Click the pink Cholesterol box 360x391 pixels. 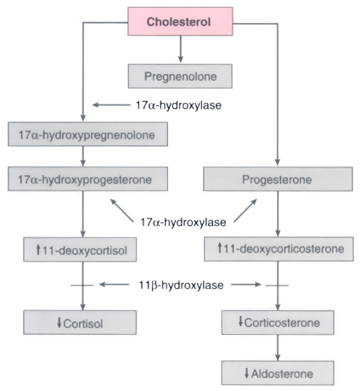(x=180, y=21)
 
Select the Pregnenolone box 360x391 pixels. (x=180, y=76)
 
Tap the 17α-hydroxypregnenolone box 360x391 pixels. (x=87, y=134)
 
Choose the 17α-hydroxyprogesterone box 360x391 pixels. (x=87, y=178)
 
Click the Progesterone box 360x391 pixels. (x=278, y=179)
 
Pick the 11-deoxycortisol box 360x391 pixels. (x=80, y=250)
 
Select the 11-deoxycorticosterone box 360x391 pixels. (x=278, y=249)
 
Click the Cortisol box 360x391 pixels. (x=80, y=322)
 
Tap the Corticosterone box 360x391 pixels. (x=278, y=322)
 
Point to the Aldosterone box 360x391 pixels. (x=278, y=373)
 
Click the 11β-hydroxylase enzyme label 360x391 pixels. (x=181, y=285)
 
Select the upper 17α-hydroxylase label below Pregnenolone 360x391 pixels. (x=178, y=105)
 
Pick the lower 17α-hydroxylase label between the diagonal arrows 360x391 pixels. (x=183, y=222)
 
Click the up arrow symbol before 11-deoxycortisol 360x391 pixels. (x=38, y=250)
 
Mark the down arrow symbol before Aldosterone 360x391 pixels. (x=247, y=373)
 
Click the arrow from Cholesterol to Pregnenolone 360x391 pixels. (x=181, y=48)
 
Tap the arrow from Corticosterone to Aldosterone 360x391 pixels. (x=278, y=348)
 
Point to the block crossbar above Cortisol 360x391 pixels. (x=82, y=285)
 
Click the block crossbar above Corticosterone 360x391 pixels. (x=277, y=286)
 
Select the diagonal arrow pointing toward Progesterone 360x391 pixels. (x=245, y=210)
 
